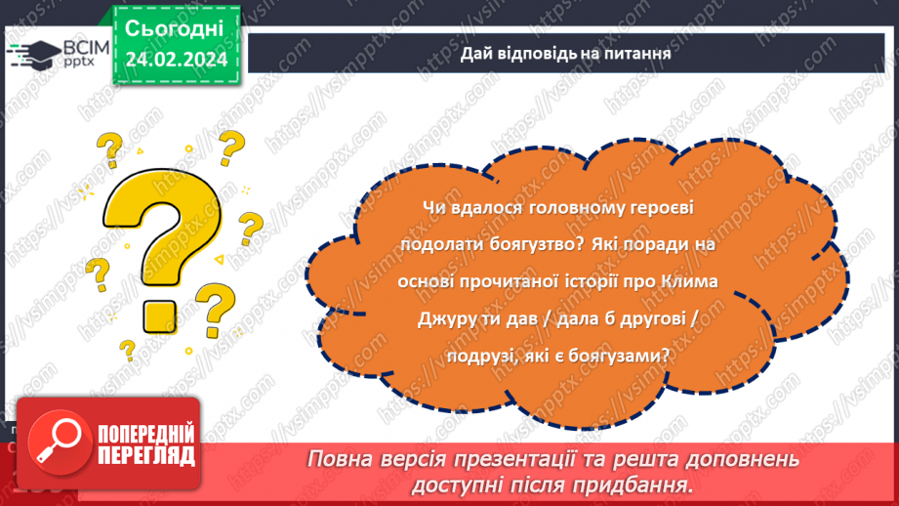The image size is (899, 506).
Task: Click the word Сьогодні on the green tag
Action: click(174, 28)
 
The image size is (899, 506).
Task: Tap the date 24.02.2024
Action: click(176, 59)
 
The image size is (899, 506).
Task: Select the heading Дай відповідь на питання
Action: click(565, 54)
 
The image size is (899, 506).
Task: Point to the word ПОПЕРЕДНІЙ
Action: click(146, 433)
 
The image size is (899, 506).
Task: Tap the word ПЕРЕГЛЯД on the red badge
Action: click(146, 455)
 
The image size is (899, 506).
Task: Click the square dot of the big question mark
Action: click(159, 316)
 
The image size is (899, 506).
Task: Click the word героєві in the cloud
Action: click(662, 208)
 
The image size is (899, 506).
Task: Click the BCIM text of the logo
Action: click(86, 47)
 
